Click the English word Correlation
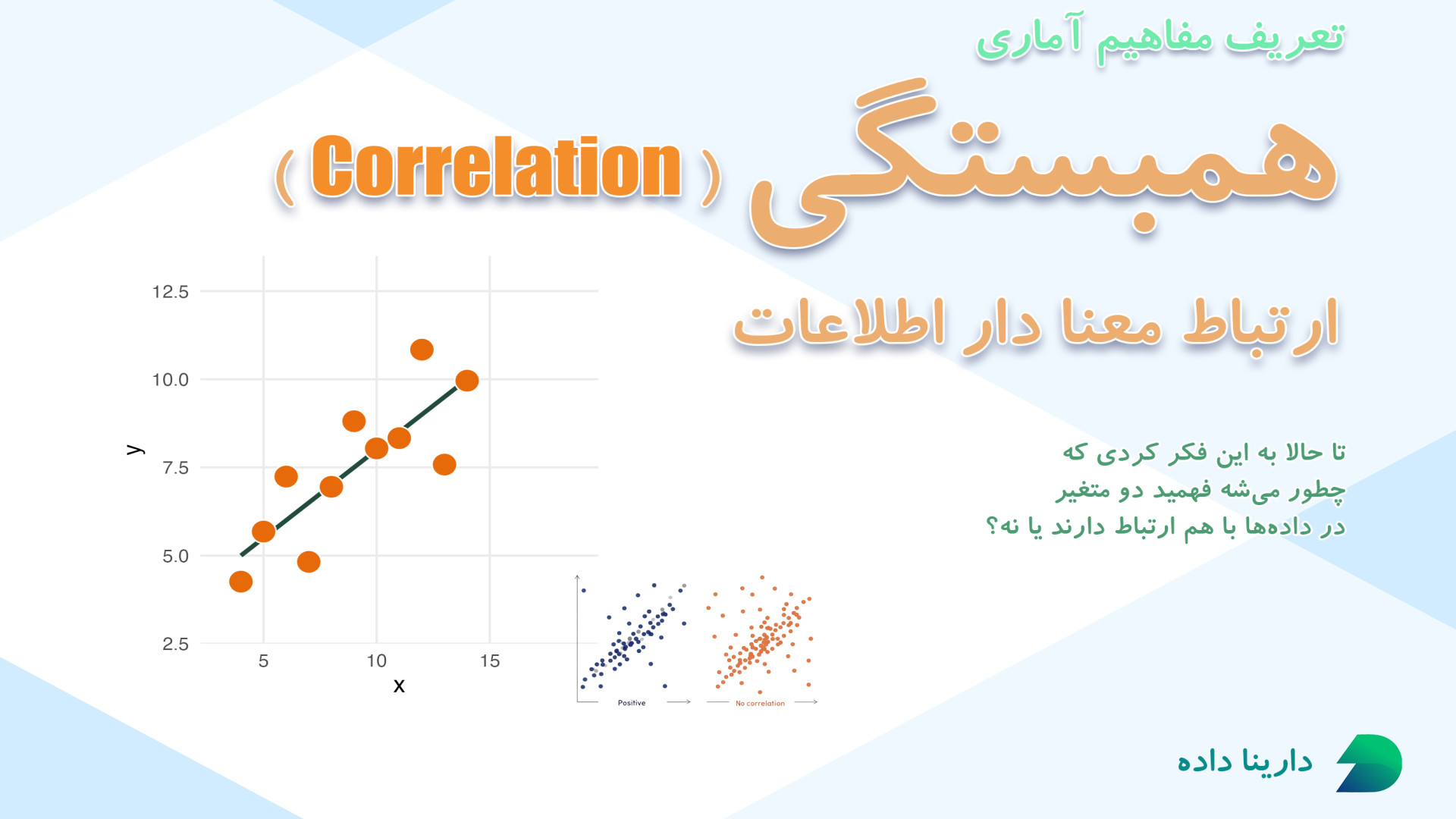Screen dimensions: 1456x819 coord(497,167)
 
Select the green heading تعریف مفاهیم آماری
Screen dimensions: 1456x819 coord(1160,38)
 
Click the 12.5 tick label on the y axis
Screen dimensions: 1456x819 coord(171,292)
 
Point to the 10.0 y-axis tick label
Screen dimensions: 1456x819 coord(171,380)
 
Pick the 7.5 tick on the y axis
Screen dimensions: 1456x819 coord(175,468)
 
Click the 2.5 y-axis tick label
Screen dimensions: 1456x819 coord(175,644)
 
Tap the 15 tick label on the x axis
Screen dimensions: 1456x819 coord(490,661)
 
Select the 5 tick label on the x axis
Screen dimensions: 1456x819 coord(263,661)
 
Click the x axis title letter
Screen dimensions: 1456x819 coord(399,686)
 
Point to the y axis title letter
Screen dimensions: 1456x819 coord(135,449)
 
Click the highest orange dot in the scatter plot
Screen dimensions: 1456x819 coord(422,350)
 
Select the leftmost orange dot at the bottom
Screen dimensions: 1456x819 coord(240,582)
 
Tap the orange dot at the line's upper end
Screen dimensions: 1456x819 coord(467,381)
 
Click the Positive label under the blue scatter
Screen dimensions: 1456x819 coord(632,703)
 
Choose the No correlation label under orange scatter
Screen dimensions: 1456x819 coord(760,704)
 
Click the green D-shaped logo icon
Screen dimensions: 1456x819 coord(1370,763)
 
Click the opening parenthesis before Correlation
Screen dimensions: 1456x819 coord(285,177)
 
